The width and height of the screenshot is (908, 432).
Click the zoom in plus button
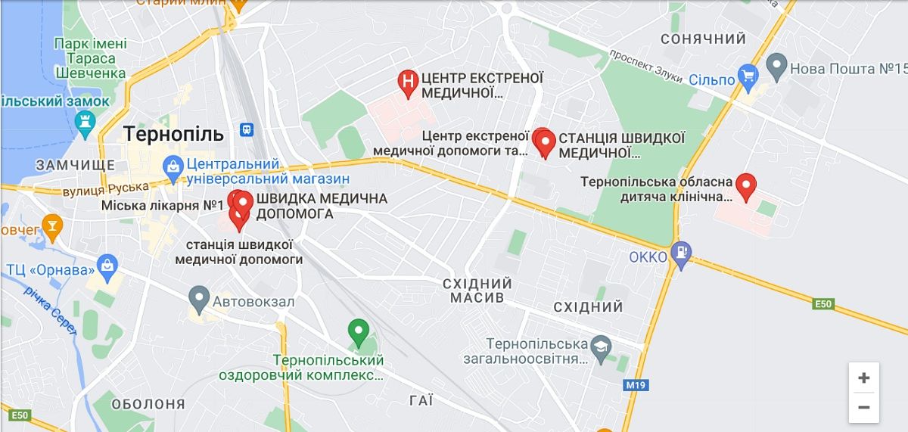point(863,378)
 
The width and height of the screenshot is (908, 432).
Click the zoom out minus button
point(863,407)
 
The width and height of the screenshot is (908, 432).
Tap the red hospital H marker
point(408,82)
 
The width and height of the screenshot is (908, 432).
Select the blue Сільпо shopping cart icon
point(748,75)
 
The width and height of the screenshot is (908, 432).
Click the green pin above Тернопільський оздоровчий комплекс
point(357,331)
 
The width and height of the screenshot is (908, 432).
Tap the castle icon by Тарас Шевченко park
point(86,121)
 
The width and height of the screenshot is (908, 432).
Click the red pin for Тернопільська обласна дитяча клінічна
point(746,185)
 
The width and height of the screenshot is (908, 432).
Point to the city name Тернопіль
point(173,135)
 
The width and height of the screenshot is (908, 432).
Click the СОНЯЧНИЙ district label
point(703,39)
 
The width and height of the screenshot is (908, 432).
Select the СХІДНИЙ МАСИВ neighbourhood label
point(477,291)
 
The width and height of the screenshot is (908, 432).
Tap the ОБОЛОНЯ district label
point(148,404)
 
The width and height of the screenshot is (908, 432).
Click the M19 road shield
point(636,385)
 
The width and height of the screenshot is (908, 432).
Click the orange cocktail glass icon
point(51,225)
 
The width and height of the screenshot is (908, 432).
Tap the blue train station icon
point(247,129)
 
